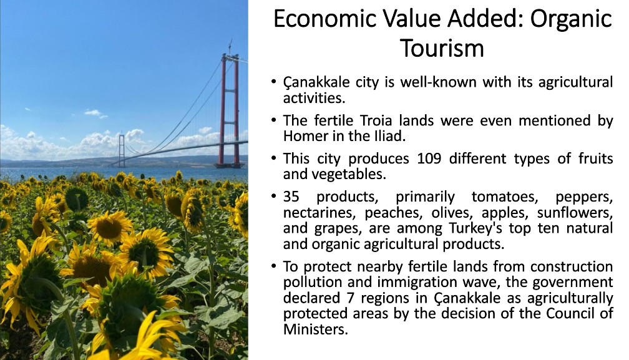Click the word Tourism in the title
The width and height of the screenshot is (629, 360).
(x=442, y=48)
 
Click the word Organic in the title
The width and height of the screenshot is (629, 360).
(x=571, y=19)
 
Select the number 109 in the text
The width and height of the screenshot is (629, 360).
(x=429, y=158)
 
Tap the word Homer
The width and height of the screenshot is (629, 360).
(x=306, y=136)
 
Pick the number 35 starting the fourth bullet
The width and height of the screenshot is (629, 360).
(x=291, y=197)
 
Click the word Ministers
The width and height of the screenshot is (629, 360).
(x=315, y=329)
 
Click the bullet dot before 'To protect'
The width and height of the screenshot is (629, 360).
(x=273, y=266)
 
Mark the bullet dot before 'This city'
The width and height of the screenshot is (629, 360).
(x=273, y=158)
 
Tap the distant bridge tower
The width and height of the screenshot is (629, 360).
(x=122, y=149)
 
